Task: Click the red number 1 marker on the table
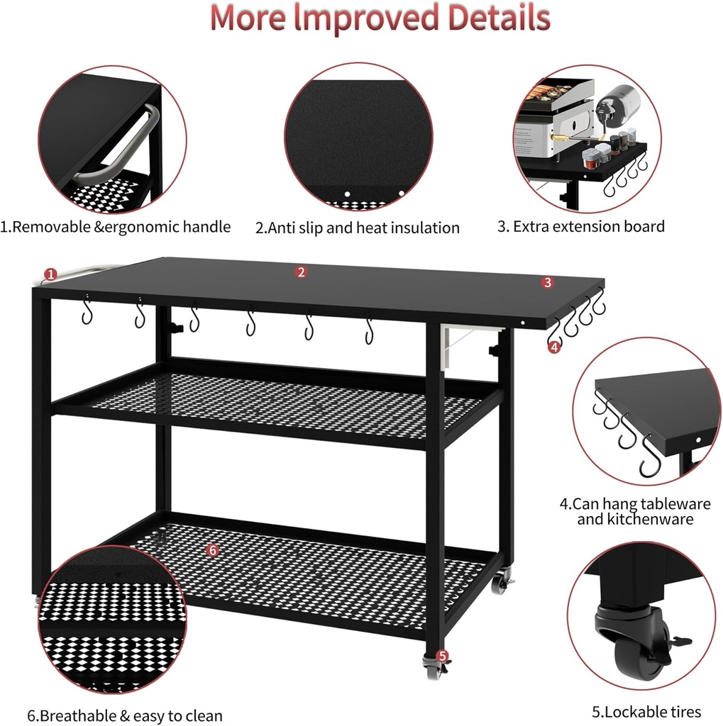[50, 274]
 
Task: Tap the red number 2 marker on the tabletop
[302, 272]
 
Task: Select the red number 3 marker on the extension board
[547, 282]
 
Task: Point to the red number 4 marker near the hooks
[554, 347]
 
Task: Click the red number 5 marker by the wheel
[442, 656]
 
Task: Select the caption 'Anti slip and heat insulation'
[358, 228]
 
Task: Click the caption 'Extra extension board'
[581, 226]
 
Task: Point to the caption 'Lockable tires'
[646, 712]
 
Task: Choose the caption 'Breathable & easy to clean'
[125, 715]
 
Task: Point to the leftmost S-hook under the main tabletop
[87, 312]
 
